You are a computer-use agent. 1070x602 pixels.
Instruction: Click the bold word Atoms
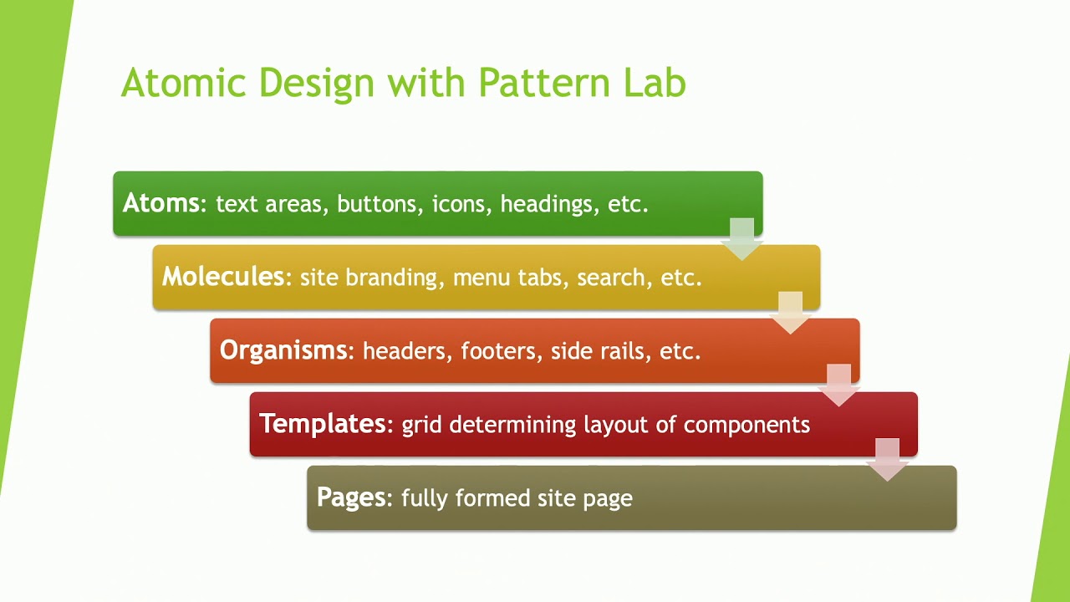161,203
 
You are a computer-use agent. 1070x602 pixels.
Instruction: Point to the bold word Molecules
223,277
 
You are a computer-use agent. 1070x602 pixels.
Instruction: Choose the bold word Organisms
283,350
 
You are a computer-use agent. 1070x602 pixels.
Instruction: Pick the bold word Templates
323,424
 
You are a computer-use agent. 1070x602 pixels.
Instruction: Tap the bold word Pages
351,497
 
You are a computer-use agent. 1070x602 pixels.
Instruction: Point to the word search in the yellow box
610,278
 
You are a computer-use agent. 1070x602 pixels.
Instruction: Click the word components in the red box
746,425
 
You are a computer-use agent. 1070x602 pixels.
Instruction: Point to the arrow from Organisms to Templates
838,385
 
